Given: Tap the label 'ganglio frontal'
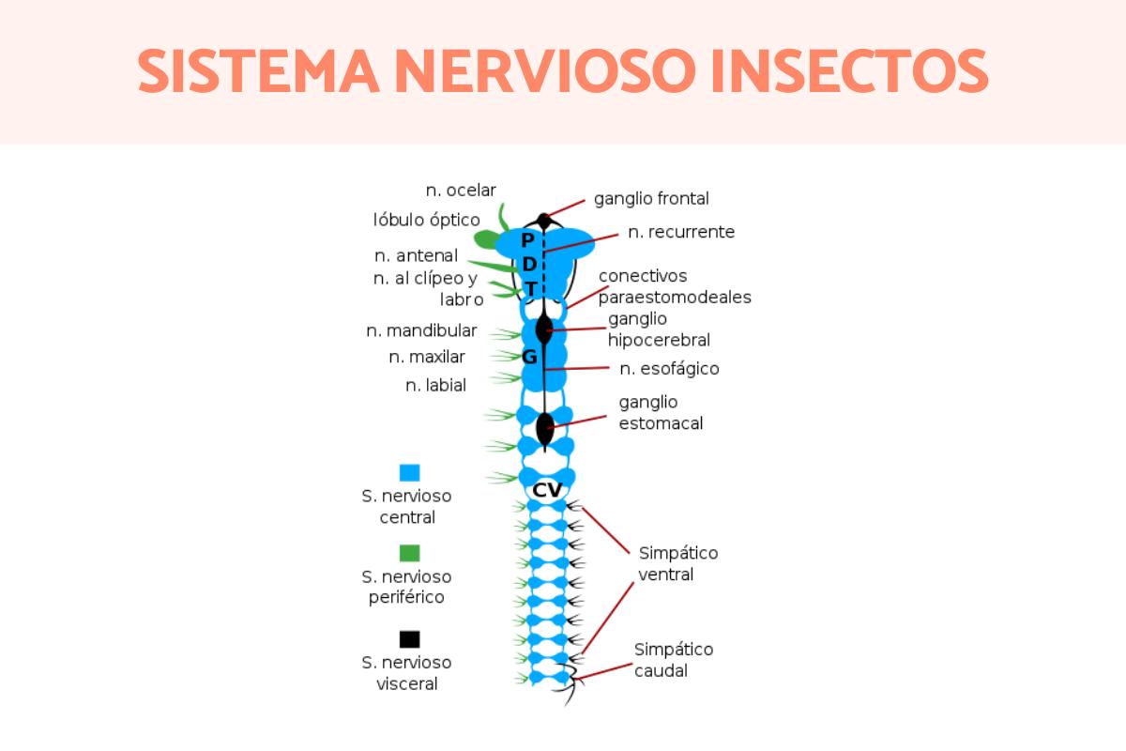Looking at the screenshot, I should coord(651,199).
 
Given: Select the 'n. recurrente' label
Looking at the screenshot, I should coord(681,232).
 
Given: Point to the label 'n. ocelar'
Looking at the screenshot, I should coord(461,191).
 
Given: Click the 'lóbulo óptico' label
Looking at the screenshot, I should coord(426,221).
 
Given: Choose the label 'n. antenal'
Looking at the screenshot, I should coord(416,255).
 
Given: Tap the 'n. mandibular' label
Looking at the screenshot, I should coord(421,330).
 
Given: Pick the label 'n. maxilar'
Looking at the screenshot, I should coord(427,357).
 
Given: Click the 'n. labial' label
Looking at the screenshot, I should coord(435,385).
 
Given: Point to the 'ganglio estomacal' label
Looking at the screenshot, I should coord(661,413).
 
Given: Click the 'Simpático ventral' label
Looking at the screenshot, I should coord(677,563).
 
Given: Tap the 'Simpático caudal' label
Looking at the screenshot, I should coord(673,660).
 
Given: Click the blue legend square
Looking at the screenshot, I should coord(409,472).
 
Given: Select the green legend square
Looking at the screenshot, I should coord(409,553).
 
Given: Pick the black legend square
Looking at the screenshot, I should coord(409,639).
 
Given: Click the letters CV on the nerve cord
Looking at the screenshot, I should coord(547,490).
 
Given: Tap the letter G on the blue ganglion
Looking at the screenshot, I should coord(529,357).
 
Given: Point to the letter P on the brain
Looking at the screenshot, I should coord(527,240).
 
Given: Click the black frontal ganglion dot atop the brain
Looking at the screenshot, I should coord(543,221).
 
